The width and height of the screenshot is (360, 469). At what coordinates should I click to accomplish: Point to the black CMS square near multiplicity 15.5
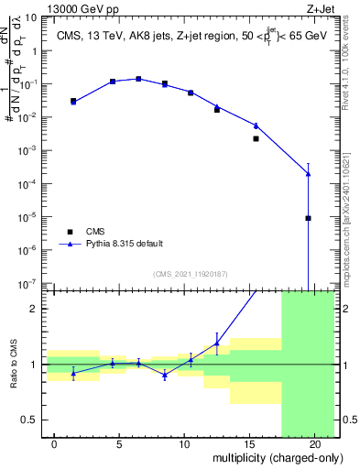click(256, 139)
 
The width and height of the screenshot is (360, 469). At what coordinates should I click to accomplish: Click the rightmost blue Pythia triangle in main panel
click(308, 174)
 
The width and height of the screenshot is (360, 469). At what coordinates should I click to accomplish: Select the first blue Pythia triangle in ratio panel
click(73, 373)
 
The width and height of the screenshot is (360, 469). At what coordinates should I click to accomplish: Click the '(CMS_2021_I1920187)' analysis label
click(190, 274)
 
